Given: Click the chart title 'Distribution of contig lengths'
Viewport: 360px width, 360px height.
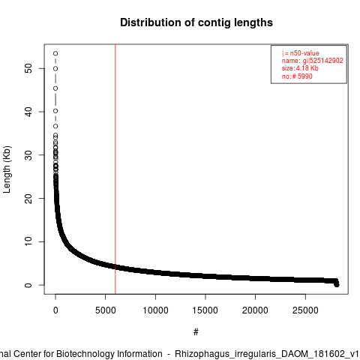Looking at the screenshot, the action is [x=196, y=22].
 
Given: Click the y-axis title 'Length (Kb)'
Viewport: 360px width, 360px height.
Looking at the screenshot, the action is [x=7, y=169].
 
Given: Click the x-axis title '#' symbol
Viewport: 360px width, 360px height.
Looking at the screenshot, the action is [x=196, y=332].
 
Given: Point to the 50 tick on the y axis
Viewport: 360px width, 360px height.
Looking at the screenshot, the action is [x=28, y=68].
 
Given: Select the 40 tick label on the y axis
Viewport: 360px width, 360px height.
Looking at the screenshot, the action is [x=28, y=112].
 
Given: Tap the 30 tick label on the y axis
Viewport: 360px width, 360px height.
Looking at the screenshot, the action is [x=28, y=155].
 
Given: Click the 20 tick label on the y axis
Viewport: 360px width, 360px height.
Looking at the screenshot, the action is [x=28, y=199].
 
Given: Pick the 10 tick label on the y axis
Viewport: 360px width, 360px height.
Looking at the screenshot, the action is [x=28, y=241].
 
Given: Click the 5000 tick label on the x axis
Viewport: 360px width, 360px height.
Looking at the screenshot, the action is [x=105, y=310].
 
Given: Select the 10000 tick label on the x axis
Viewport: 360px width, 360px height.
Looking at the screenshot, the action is [x=155, y=310].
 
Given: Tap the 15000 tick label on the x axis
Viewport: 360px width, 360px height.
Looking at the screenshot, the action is [x=205, y=310].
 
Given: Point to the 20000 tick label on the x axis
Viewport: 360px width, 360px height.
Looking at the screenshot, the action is [x=255, y=310].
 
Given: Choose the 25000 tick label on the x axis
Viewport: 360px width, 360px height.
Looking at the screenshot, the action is [x=305, y=310].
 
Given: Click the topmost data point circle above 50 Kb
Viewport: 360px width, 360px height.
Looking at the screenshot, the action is [x=55, y=53].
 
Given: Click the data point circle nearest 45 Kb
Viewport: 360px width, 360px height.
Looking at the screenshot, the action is [x=55, y=88].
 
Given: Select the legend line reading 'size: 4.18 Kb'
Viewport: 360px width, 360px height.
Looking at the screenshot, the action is [x=300, y=68].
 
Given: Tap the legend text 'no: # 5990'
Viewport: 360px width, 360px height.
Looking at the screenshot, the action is [x=297, y=76].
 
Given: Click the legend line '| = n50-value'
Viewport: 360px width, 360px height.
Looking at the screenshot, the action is [x=301, y=53].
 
